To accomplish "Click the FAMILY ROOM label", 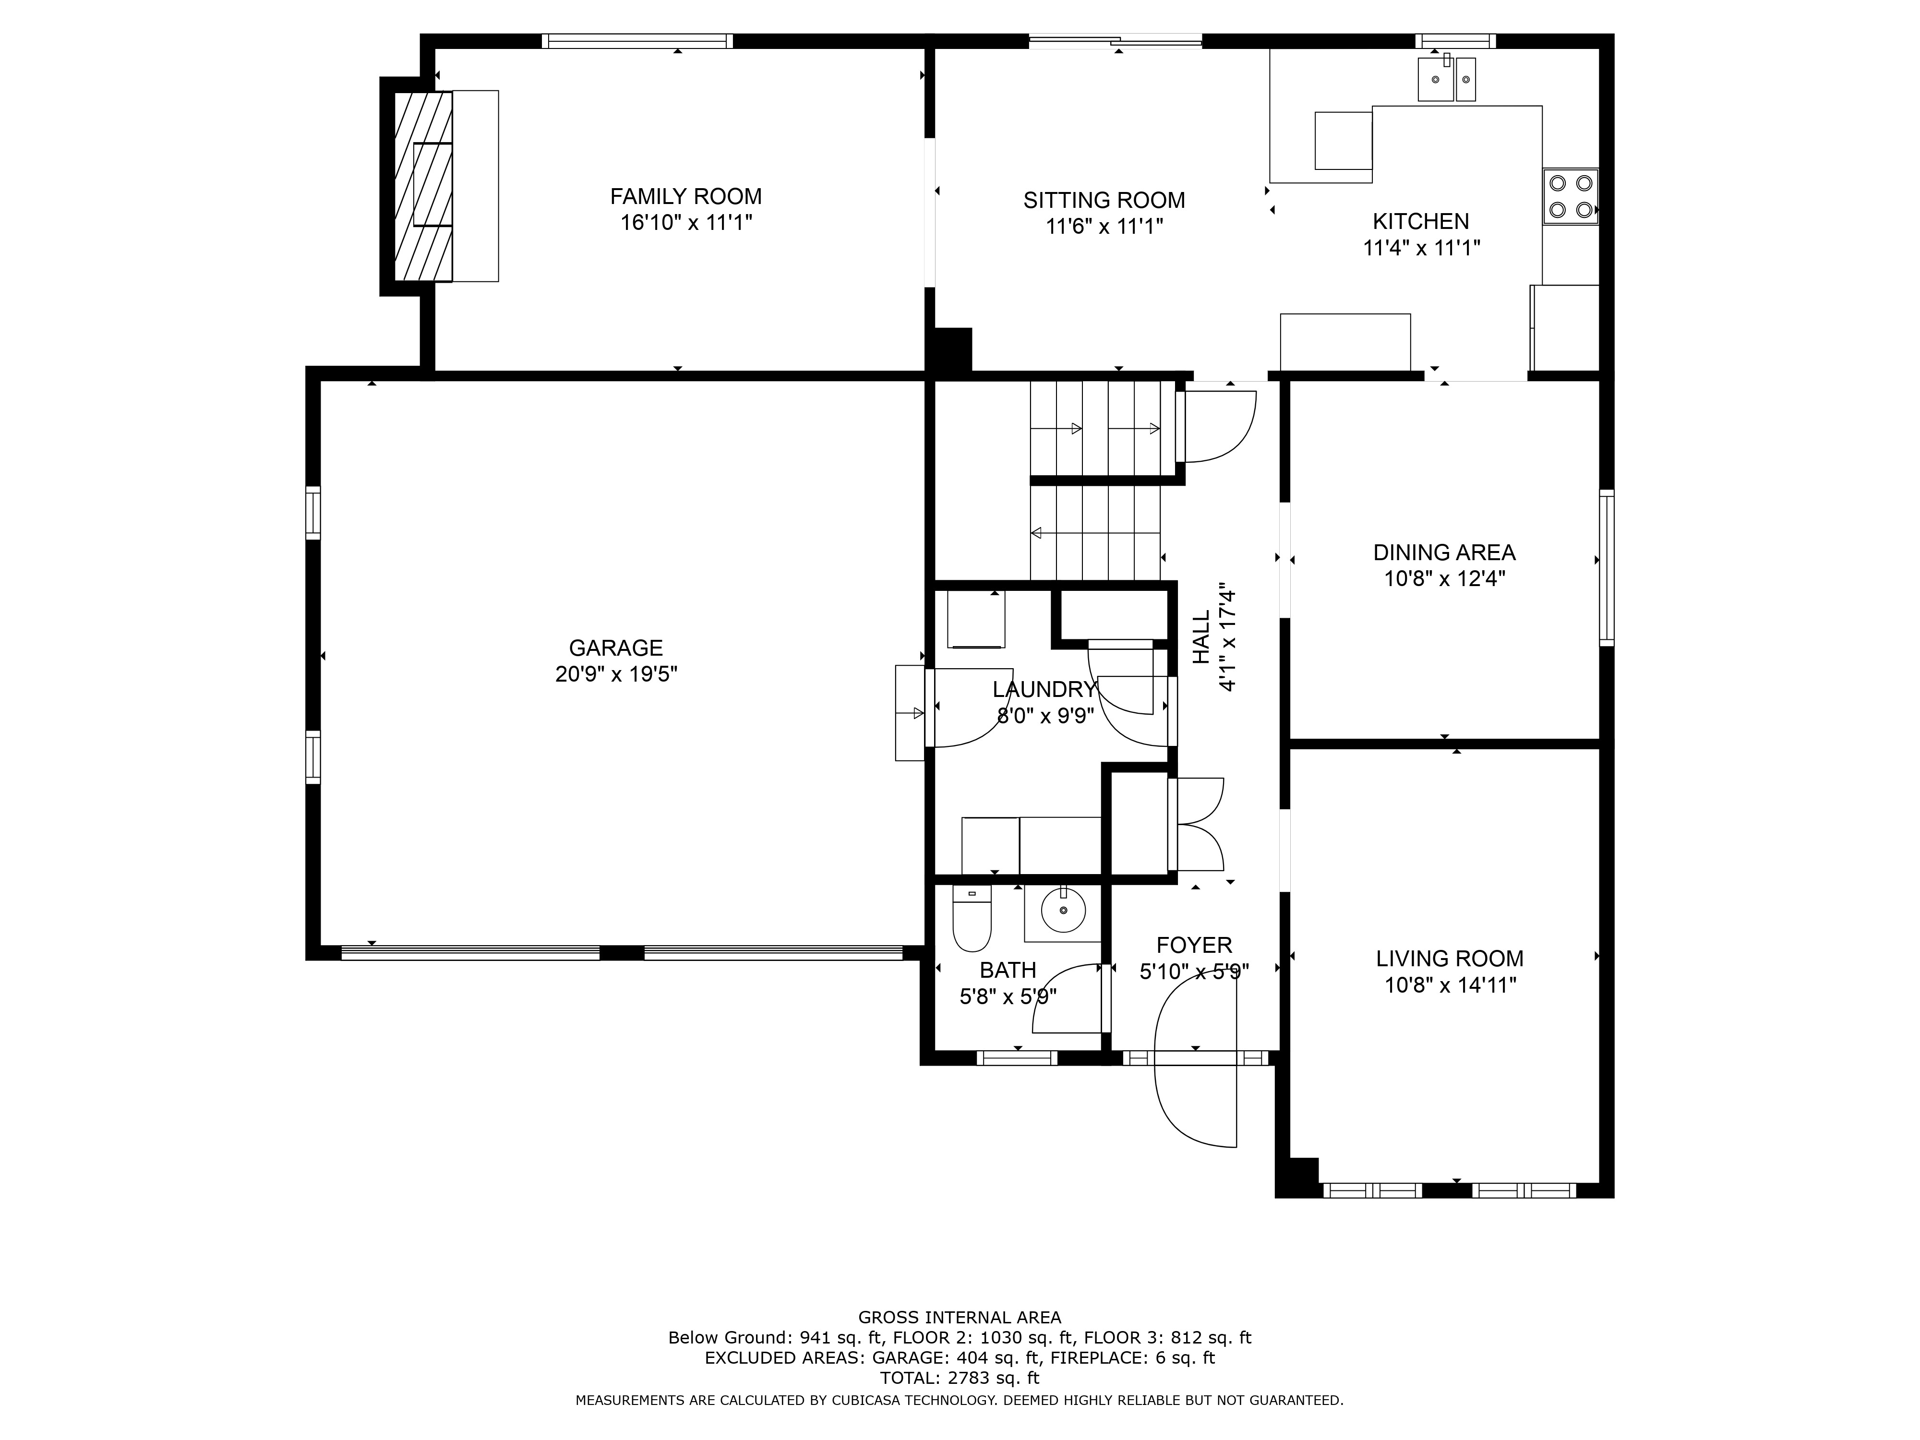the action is coord(686,196).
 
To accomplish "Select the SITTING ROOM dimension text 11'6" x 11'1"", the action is coord(1104,227).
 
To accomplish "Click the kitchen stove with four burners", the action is coord(1570,196).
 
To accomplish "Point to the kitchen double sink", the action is coord(1447,79).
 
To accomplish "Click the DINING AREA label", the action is coord(1444,552).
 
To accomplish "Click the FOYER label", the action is coord(1194,944).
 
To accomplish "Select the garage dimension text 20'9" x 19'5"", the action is coord(616,674).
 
